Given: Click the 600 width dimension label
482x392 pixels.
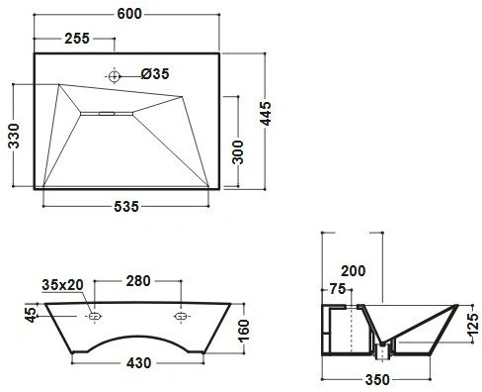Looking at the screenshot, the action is tap(129, 14).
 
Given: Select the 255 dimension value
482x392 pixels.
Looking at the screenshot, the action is tap(77, 39).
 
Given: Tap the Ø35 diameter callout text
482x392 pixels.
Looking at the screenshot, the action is tap(155, 74).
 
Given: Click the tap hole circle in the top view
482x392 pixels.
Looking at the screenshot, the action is tap(114, 76).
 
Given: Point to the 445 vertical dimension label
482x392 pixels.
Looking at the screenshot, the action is tap(266, 113).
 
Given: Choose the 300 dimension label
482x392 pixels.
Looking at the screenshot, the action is tap(237, 152).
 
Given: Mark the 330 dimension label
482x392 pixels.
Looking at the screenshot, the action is tap(14, 136).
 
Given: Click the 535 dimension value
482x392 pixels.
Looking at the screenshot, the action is tap(126, 207).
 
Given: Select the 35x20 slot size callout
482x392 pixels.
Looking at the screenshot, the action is tap(62, 285).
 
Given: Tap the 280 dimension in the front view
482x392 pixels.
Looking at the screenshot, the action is tap(138, 281).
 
